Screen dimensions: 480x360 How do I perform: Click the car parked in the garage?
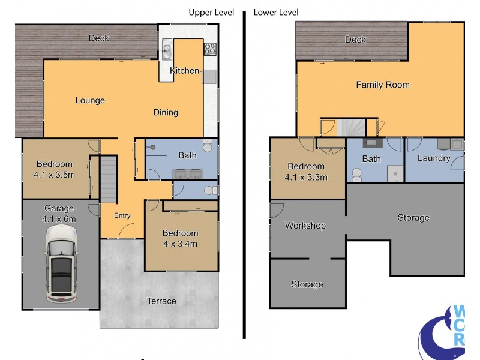61,264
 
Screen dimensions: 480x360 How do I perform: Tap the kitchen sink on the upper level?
167,49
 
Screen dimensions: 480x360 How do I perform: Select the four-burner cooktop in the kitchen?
210,49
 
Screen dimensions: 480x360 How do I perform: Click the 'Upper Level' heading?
211,13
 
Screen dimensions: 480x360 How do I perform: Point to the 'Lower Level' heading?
276,13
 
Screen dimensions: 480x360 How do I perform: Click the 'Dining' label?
166,112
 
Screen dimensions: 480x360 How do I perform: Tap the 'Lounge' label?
90,100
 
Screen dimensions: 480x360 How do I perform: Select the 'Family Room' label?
383,85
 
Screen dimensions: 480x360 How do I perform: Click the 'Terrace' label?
161,301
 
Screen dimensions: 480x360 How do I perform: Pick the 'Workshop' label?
305,226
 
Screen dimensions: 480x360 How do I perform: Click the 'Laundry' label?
434,158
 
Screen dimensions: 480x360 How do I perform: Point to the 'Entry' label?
122,216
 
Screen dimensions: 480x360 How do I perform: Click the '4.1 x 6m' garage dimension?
59,219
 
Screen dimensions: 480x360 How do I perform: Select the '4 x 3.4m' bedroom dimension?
181,244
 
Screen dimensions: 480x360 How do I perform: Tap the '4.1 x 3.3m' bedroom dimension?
306,177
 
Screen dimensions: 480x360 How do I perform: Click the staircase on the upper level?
109,179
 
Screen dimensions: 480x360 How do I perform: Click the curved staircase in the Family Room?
351,127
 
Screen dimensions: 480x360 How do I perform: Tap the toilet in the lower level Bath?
356,175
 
